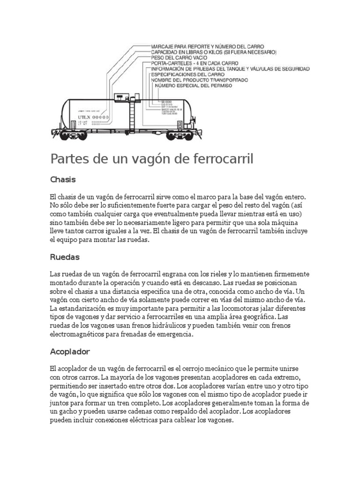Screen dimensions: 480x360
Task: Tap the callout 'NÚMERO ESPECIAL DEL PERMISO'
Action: [x=193, y=86]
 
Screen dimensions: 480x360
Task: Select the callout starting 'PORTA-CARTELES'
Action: [x=194, y=63]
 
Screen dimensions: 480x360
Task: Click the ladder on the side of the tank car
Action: [x=132, y=115]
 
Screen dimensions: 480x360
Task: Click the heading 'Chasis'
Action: [x=63, y=180]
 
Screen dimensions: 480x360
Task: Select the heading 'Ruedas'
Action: [x=65, y=257]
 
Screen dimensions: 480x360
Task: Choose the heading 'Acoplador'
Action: [x=70, y=352]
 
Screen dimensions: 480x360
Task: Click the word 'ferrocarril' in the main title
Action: [x=223, y=159]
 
